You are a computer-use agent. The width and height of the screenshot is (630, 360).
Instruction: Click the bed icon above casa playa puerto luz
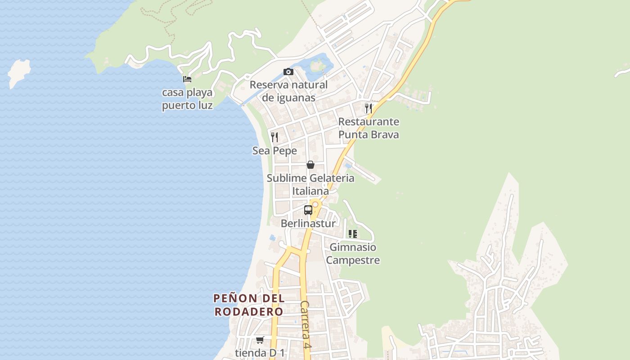187,79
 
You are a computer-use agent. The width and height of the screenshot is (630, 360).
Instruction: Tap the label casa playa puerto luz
187,99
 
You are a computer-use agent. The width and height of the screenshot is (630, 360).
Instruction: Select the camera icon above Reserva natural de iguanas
288,72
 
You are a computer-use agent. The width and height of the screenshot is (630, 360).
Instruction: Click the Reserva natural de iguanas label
288,91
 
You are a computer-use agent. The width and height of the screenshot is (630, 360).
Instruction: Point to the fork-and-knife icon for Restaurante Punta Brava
369,108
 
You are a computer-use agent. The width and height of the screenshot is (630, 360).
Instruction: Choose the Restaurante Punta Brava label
369,128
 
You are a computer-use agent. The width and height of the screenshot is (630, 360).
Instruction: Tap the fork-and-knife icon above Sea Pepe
274,137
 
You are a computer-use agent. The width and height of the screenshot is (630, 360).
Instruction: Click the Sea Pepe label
274,151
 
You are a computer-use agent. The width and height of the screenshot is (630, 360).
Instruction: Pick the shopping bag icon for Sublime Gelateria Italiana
310,165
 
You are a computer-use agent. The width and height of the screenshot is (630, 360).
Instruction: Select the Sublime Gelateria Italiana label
310,184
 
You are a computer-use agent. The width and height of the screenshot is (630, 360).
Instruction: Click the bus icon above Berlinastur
308,210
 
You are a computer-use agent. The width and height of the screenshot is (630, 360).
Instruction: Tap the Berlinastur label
308,223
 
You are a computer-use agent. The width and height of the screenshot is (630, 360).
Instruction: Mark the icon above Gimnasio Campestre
353,234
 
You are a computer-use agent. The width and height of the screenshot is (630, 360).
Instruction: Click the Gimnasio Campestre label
353,253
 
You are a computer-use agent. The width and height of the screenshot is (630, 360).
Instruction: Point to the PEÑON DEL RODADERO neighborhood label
249,305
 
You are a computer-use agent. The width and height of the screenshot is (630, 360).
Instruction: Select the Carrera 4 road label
306,325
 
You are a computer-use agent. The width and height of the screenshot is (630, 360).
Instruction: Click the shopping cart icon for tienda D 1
260,340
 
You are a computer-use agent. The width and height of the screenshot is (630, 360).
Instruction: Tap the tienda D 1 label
260,353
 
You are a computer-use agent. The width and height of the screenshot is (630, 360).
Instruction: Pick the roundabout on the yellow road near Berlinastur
315,205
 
